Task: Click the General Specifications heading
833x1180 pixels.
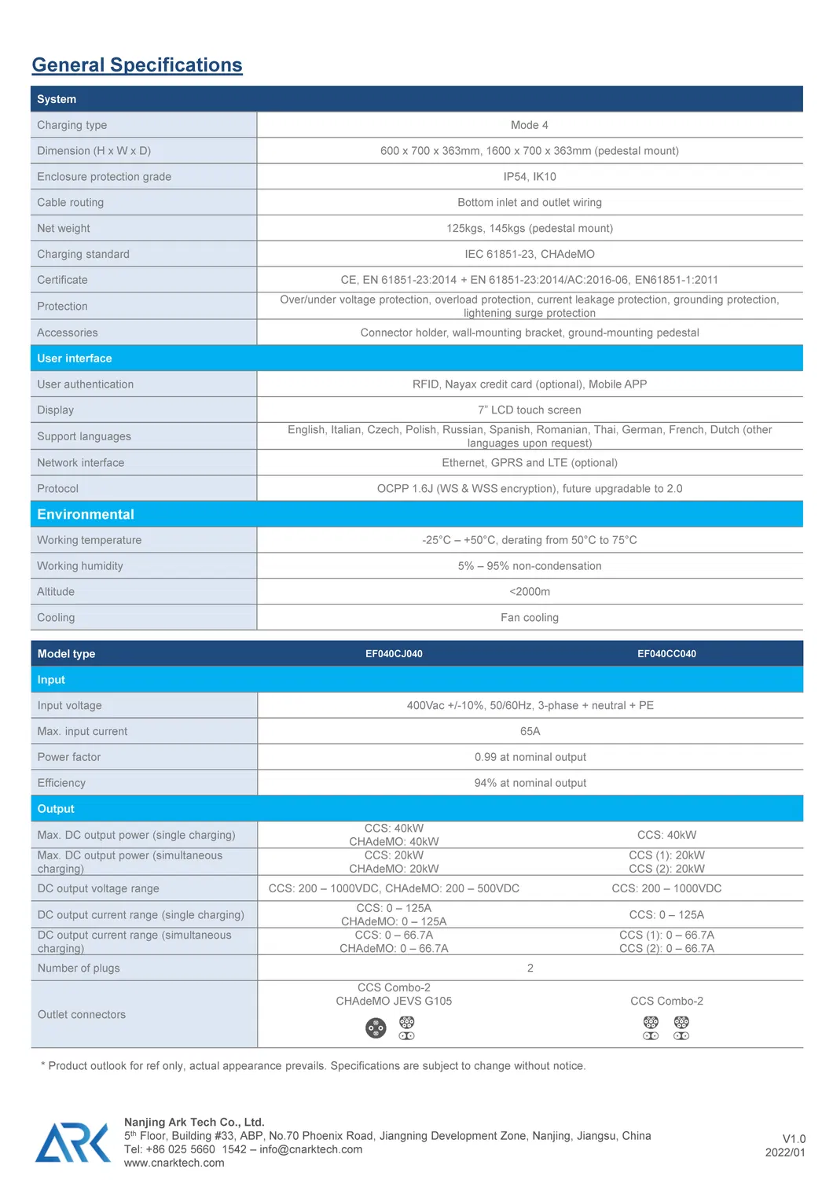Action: (137, 65)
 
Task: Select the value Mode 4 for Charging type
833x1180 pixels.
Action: (529, 125)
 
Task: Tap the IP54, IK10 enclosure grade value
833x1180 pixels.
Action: (529, 177)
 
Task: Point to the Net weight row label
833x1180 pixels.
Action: (64, 229)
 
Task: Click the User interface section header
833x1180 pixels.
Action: (75, 358)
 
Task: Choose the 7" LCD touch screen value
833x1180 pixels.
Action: (529, 410)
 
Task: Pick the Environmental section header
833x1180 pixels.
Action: (86, 515)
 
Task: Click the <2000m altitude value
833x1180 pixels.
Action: (529, 592)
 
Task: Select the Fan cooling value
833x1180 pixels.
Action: (529, 618)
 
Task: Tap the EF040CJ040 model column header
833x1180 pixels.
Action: (394, 654)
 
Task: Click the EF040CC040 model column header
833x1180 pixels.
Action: (666, 654)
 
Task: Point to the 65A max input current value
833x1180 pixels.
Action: (530, 732)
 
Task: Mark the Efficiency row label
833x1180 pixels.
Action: (61, 783)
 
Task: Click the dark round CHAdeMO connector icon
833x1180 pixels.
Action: (376, 1028)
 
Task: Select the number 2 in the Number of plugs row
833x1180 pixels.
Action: (530, 969)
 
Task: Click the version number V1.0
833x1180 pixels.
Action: (794, 1139)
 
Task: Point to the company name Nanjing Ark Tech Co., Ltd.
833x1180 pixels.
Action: (194, 1123)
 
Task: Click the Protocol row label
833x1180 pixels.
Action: (58, 489)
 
